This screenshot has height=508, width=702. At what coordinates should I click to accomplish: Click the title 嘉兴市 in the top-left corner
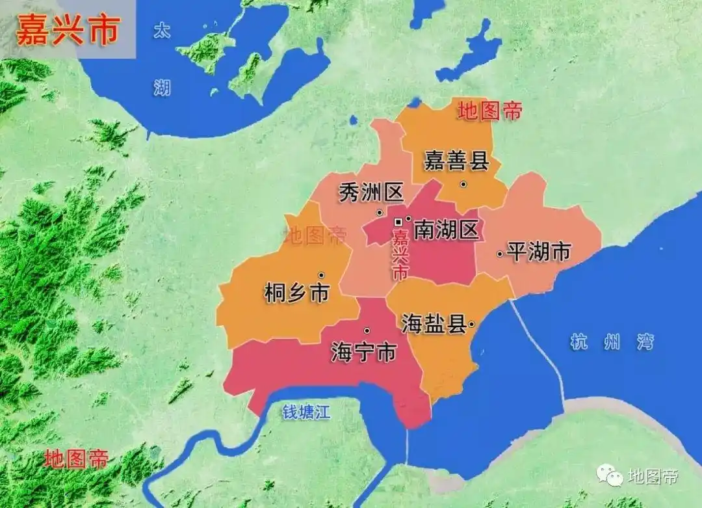68,30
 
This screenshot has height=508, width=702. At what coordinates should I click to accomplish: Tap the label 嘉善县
456,159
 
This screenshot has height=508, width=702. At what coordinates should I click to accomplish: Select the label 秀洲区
371,193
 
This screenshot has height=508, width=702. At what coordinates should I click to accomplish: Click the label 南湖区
446,230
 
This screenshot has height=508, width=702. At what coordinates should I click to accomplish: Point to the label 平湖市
539,252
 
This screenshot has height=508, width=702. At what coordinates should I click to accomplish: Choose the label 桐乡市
297,293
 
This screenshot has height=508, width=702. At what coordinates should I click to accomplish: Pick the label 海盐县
434,323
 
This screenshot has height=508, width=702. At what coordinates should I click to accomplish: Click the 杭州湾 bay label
612,341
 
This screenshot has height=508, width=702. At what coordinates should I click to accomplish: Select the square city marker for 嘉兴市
398,222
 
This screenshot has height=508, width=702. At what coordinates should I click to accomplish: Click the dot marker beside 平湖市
500,254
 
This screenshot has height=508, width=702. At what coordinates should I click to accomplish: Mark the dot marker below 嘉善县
463,184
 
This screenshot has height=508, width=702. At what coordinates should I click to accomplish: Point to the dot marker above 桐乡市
321,274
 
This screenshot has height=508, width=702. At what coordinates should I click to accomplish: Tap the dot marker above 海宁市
367,330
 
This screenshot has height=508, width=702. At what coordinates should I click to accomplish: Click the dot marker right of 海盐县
471,323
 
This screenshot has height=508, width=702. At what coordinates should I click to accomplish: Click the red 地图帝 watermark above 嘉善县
489,111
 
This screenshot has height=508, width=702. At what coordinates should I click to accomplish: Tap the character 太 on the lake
161,31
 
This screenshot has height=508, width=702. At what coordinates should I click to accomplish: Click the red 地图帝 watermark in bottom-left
76,459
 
